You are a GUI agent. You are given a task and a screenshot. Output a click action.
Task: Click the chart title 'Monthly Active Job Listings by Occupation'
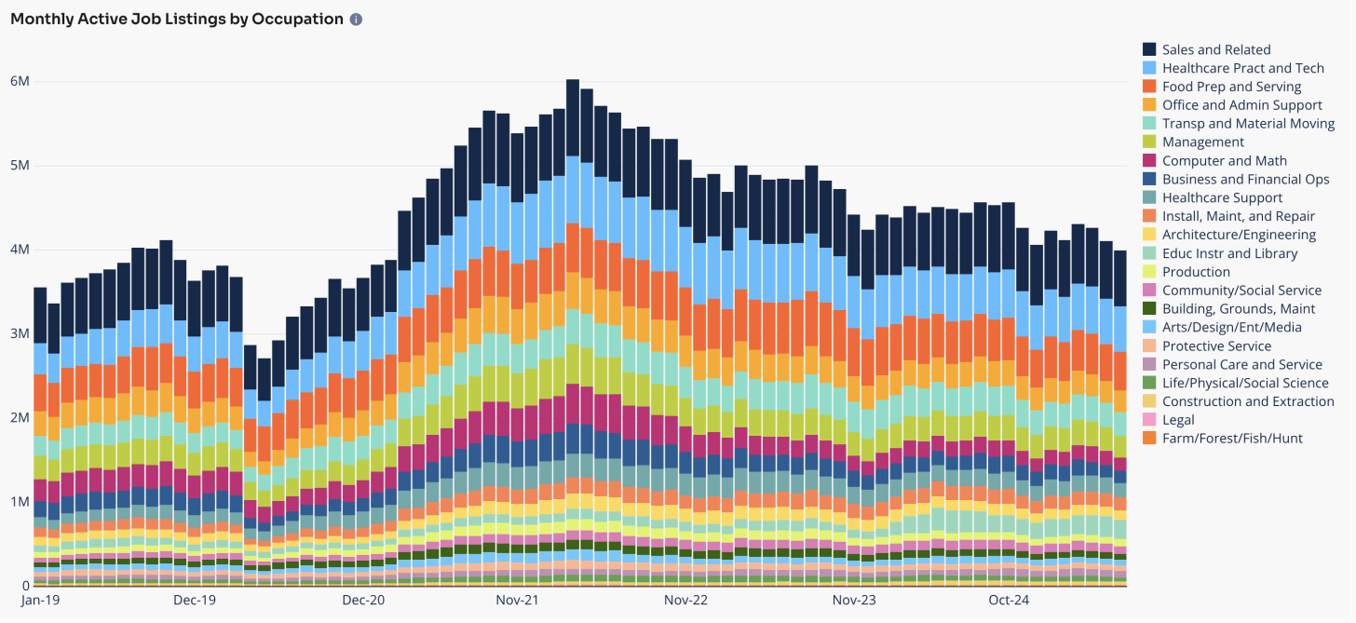coord(177,19)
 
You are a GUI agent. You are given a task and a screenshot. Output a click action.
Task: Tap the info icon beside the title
coord(356,20)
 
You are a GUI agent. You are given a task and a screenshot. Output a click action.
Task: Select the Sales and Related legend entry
coord(1216,49)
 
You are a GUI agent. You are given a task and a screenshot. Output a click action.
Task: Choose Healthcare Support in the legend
coord(1222,197)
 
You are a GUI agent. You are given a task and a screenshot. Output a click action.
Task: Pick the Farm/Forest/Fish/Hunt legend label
coord(1232,438)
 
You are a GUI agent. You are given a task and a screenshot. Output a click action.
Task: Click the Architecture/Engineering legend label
coord(1239,235)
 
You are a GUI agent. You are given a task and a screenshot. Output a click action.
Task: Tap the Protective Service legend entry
coord(1216,345)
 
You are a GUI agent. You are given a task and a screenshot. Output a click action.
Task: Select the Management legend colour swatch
coord(1150,142)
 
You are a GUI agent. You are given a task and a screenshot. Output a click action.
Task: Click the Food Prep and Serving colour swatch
coord(1150,87)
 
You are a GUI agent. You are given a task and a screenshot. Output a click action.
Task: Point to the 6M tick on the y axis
coord(20,81)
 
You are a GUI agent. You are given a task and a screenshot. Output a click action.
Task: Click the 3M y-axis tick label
coord(20,333)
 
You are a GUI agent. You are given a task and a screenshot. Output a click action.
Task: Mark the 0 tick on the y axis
coord(26,585)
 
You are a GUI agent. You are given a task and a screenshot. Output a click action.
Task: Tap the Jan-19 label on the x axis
coord(40,601)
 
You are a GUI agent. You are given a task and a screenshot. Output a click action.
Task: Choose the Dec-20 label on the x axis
coord(363,601)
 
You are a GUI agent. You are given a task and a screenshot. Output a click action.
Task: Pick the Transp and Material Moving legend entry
coord(1248,123)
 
